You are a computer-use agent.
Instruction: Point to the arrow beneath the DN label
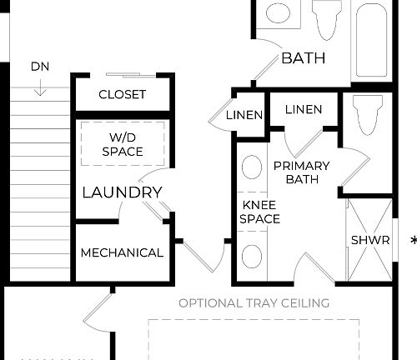click(x=40, y=86)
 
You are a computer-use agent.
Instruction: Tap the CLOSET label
click(x=122, y=94)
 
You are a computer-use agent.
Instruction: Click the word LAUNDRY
click(x=122, y=192)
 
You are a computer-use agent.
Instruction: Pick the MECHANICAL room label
click(x=122, y=252)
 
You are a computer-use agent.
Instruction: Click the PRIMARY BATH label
click(x=301, y=172)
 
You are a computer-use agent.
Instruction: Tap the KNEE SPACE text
click(x=259, y=212)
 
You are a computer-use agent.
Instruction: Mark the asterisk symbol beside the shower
click(x=413, y=241)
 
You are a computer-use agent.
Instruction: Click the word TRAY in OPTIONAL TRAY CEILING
click(x=265, y=302)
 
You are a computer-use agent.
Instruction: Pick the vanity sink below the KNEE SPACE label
click(x=251, y=256)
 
